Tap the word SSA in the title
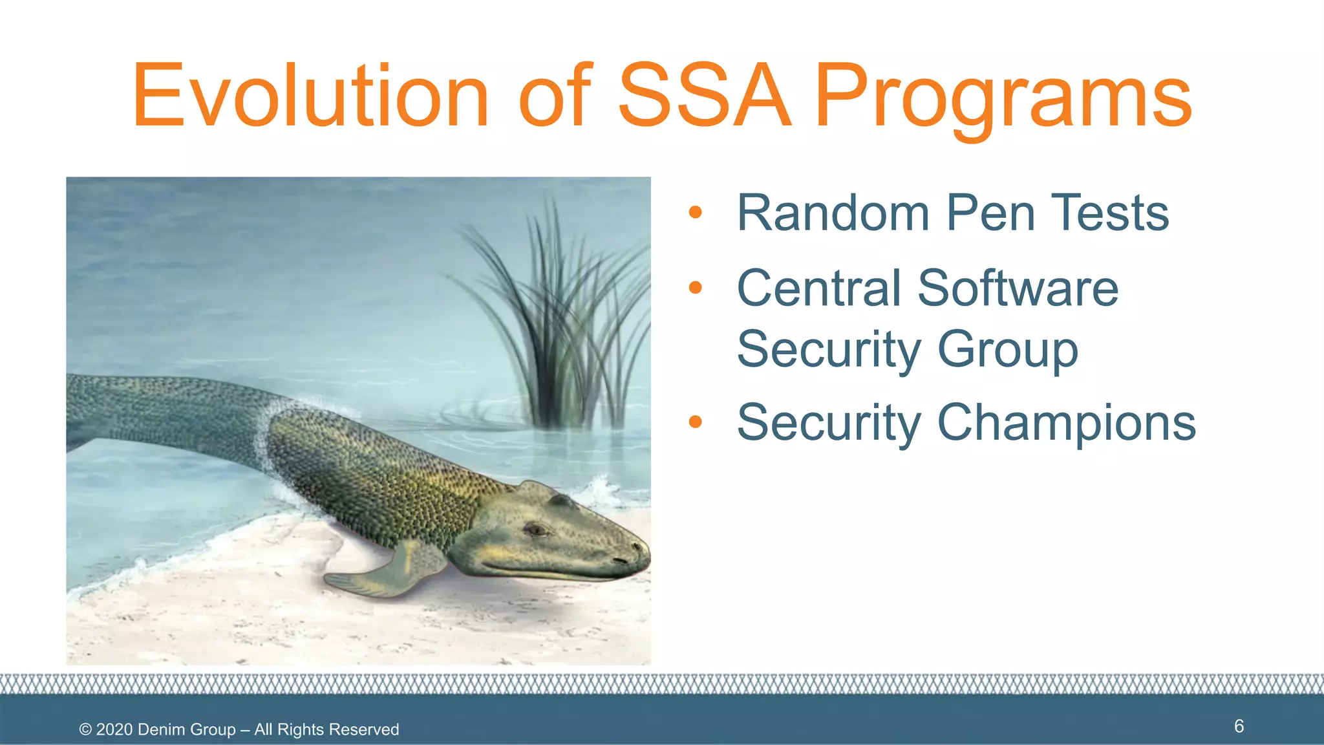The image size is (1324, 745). point(705,96)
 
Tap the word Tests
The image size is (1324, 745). point(1110,213)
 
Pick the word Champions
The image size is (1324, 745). point(1066,422)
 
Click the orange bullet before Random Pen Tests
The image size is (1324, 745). point(695,212)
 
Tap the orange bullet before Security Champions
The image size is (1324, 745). point(695,422)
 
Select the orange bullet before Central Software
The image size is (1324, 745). point(695,287)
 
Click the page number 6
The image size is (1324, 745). point(1239,726)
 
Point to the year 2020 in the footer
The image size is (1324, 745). point(114,729)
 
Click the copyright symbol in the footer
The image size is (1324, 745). point(85,729)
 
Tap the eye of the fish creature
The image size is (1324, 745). point(536,530)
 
